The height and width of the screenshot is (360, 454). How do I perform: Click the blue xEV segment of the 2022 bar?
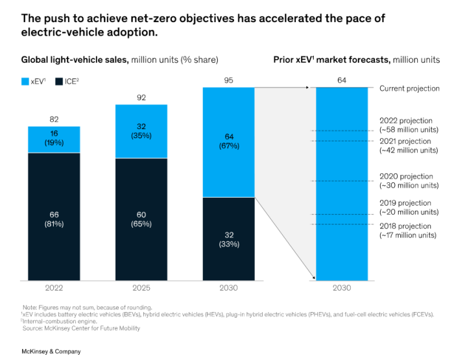point(54,139)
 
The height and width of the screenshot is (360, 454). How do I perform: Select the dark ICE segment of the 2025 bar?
point(141,219)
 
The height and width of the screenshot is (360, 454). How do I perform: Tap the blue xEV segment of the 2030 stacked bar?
point(228,142)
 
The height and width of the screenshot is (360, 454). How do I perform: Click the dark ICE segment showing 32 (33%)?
point(228,239)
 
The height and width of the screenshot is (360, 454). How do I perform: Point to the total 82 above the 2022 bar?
point(54,119)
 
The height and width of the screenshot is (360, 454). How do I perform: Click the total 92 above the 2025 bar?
point(141,97)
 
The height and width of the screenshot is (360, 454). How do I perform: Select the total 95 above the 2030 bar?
point(228,80)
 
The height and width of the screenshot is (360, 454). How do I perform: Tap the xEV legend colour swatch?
point(25,82)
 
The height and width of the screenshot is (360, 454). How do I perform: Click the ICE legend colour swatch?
point(59,82)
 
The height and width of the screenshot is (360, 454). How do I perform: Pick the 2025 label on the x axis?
point(141,288)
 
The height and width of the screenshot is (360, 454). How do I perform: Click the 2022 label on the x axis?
point(54,288)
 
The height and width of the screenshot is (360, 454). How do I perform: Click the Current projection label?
point(409,88)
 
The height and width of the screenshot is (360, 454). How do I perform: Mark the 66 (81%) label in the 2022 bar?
point(54,219)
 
